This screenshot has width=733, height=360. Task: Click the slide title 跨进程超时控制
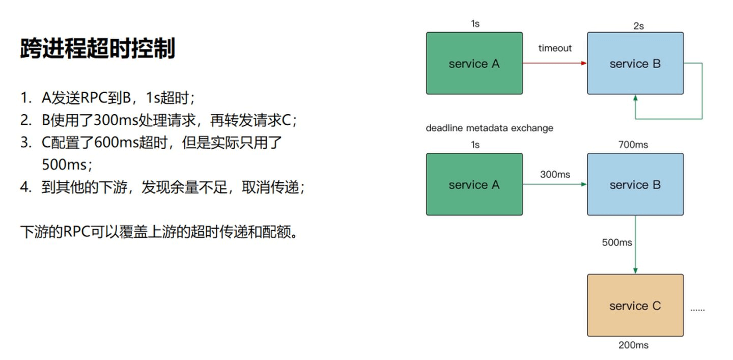[98, 49]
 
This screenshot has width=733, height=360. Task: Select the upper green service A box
[474, 64]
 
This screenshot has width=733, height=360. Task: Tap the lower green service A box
[474, 184]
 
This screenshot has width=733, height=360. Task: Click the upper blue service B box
[635, 64]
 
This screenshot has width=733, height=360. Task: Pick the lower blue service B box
[635, 184]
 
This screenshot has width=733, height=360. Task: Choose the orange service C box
[635, 306]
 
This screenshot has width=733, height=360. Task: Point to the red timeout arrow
[554, 63]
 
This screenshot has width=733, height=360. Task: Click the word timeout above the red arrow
[555, 48]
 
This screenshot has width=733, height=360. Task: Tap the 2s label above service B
[638, 26]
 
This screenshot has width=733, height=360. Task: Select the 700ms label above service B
[634, 145]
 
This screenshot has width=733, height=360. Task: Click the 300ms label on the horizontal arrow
[555, 175]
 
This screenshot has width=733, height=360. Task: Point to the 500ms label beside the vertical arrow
[617, 242]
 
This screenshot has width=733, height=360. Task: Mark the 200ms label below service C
[634, 345]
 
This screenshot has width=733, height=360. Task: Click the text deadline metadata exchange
[489, 128]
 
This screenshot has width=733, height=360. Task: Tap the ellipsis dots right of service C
[697, 309]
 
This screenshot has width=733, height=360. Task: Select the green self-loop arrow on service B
[702, 92]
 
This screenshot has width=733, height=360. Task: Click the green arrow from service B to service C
[635, 244]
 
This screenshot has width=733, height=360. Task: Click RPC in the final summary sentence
[76, 232]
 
